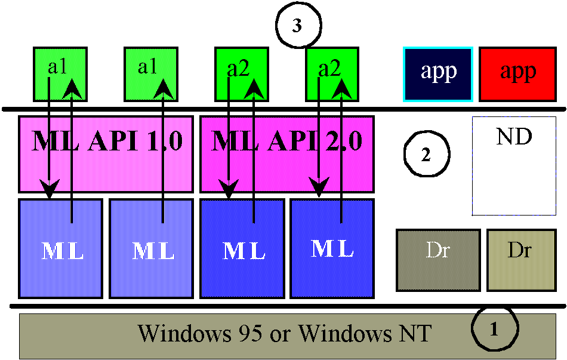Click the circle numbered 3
point(298,27)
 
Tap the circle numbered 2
point(426,153)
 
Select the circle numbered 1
point(494,328)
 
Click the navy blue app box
point(439,73)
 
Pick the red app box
point(517,73)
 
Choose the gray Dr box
point(438,260)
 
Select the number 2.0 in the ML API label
point(342,142)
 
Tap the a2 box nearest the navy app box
point(332,73)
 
